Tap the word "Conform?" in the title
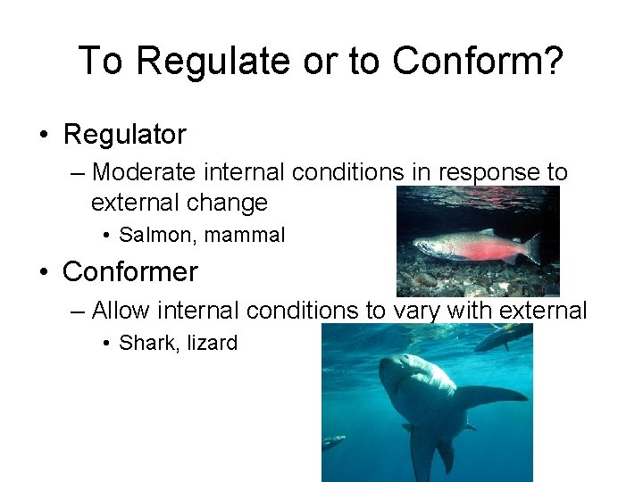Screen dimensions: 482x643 point(478,61)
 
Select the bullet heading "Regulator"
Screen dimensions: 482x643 point(124,135)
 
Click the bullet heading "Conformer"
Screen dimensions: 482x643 point(130,270)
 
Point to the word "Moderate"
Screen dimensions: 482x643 point(146,171)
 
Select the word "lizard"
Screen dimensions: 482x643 point(213,343)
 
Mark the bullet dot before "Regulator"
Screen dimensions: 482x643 point(43,136)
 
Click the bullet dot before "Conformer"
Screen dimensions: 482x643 point(43,271)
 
